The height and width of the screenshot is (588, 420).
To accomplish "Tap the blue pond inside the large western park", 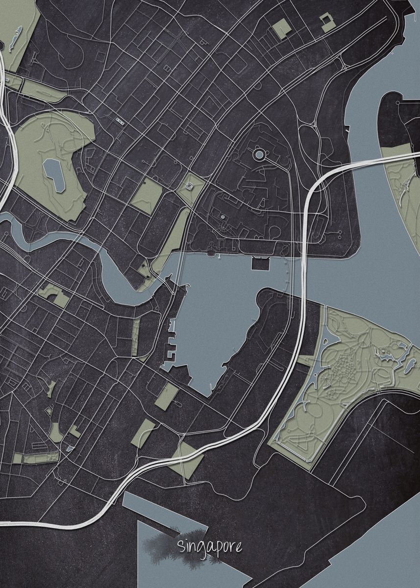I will pyautogui.click(x=55, y=174).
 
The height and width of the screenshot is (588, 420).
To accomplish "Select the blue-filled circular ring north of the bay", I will pyautogui.click(x=259, y=155).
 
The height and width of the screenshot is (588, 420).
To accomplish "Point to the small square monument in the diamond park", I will pyautogui.click(x=190, y=187).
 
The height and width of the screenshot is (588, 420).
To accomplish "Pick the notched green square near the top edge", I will pyautogui.click(x=326, y=22).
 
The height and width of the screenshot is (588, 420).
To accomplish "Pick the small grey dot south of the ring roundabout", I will pyautogui.click(x=223, y=216).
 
